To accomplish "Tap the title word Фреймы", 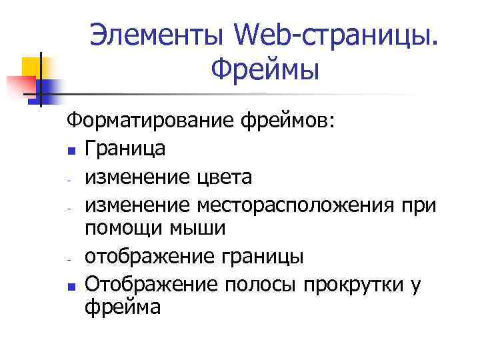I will (265, 68).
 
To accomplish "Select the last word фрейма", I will (123, 307).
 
